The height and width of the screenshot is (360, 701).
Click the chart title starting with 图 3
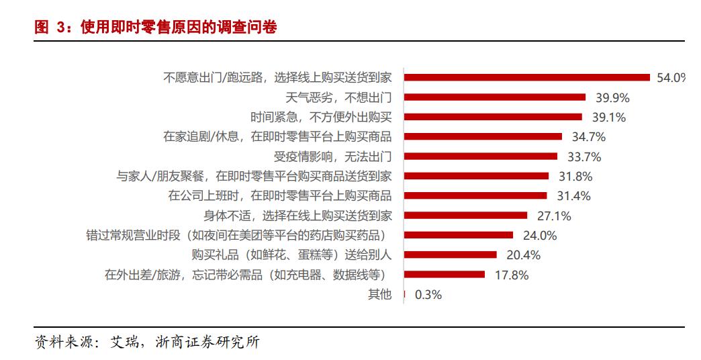click(x=156, y=28)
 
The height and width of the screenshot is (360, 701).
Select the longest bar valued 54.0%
click(x=527, y=77)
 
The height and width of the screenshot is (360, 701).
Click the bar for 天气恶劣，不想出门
click(x=495, y=97)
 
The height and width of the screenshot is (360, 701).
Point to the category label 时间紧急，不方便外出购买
click(x=322, y=117)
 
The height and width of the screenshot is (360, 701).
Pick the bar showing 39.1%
click(x=493, y=117)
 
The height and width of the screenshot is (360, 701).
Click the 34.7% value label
click(x=588, y=137)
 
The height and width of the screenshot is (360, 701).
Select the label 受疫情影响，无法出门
click(x=333, y=156)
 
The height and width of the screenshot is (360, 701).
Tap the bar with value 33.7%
click(x=481, y=156)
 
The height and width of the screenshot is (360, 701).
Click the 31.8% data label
click(x=575, y=177)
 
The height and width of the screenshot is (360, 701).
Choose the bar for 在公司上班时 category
click(x=475, y=196)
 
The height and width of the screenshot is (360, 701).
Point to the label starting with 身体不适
click(x=298, y=216)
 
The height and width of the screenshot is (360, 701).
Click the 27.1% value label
click(x=553, y=216)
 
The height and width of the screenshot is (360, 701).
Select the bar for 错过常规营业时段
click(x=459, y=235)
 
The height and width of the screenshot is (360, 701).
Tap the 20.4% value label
click(x=522, y=255)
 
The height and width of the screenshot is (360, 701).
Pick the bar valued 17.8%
click(x=445, y=275)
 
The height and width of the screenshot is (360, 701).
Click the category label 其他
click(x=379, y=294)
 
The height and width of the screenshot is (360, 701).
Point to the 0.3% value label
click(x=428, y=294)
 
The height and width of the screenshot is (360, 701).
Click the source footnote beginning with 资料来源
click(x=147, y=342)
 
